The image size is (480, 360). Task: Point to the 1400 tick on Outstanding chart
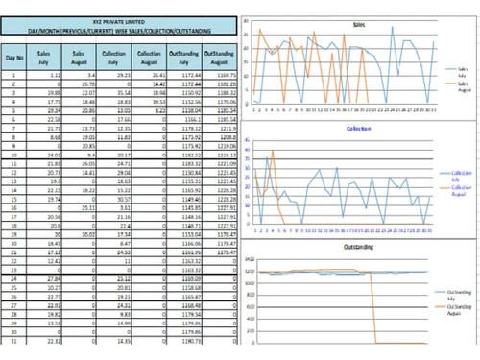point(248,260)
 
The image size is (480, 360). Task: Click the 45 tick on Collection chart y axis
point(248,139)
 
